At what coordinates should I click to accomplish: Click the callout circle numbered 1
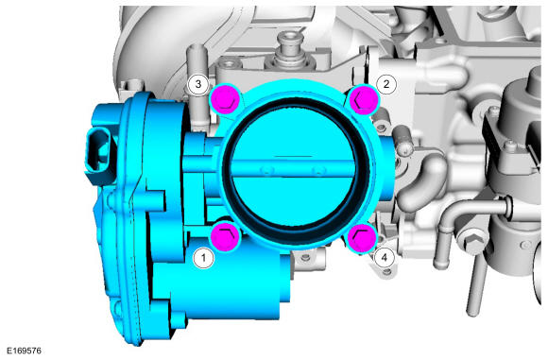(203, 258)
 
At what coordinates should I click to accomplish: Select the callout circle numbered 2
(386, 84)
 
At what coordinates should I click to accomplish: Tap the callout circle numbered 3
(198, 84)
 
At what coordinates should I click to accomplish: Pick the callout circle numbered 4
(385, 258)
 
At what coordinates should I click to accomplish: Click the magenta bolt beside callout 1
(225, 237)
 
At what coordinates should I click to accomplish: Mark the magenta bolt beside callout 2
(365, 100)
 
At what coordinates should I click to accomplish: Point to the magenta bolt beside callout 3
(226, 99)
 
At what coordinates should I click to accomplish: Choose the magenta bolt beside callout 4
(363, 238)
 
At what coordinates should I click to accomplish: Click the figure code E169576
(25, 351)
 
